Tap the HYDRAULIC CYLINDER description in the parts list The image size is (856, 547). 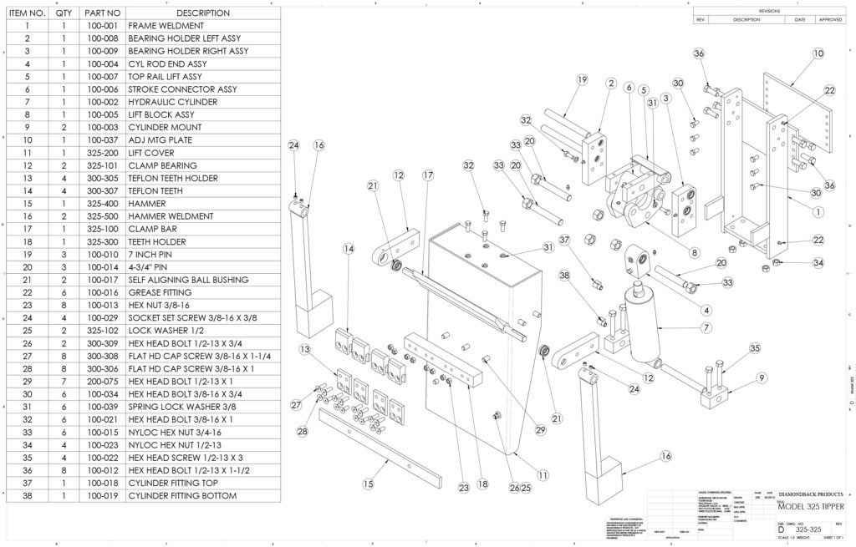pos(172,102)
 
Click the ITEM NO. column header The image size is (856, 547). pos(27,13)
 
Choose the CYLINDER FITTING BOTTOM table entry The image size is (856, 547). pos(182,495)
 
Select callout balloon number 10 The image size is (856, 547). pos(818,53)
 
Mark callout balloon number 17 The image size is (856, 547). pos(428,175)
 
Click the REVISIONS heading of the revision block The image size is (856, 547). pos(768,11)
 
